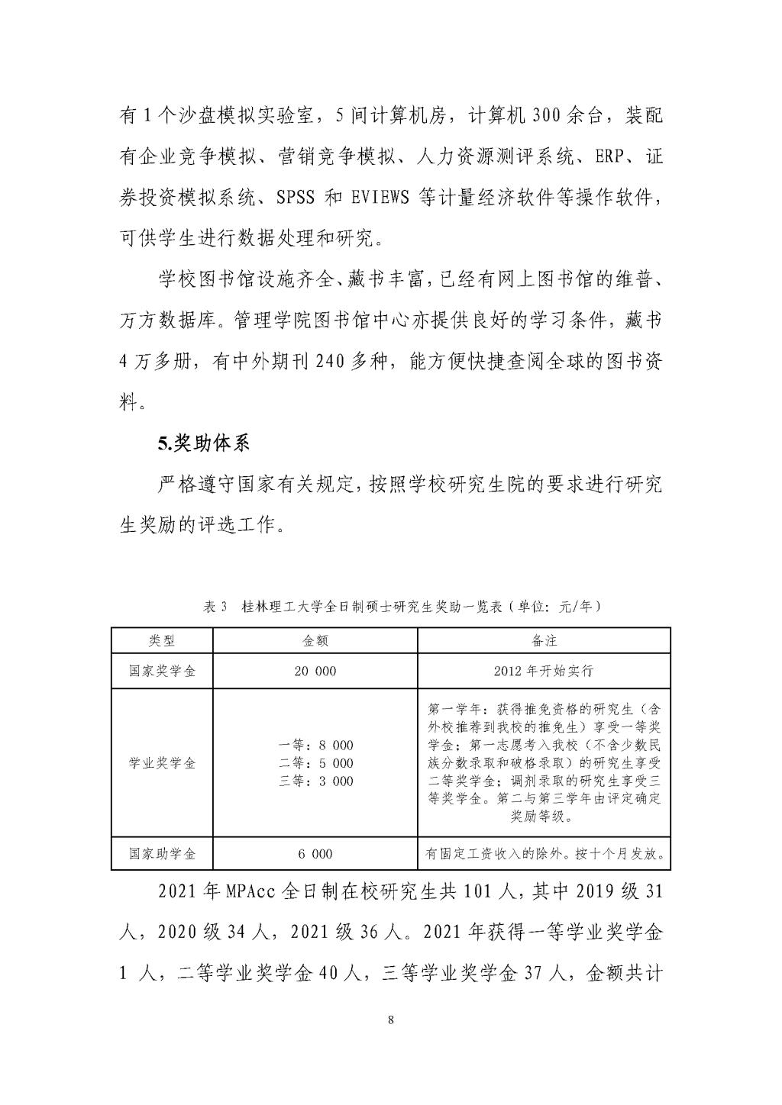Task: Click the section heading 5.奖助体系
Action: point(204,443)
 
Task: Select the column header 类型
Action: point(162,641)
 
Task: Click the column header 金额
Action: point(315,641)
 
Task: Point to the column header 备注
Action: point(544,641)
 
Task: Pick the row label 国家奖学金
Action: point(162,672)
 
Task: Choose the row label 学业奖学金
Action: point(162,763)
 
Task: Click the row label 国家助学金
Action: point(162,854)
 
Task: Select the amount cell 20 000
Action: point(315,672)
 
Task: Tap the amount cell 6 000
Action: point(315,854)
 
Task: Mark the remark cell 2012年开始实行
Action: point(544,672)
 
